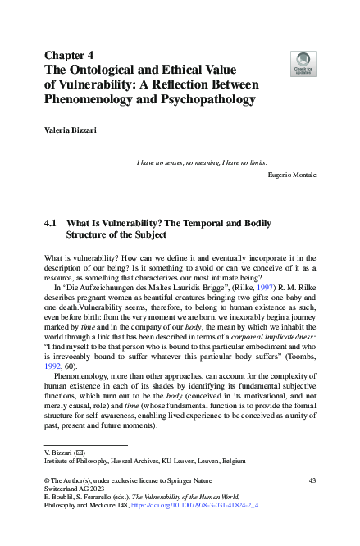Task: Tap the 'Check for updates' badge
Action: coord(303,63)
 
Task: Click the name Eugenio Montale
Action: coord(292,175)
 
